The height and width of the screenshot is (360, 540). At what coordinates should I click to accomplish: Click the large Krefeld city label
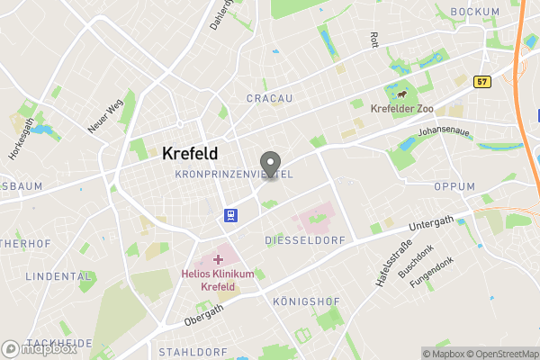click(x=190, y=154)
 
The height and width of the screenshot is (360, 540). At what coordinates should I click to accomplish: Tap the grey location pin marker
click(x=268, y=164)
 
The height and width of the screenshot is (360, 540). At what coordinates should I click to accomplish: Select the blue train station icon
click(x=231, y=214)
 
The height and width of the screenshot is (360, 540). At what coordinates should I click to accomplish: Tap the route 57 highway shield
click(x=482, y=81)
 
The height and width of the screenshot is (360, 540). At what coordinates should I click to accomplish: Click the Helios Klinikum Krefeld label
click(x=217, y=280)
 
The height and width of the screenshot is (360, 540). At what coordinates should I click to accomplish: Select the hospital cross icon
click(x=218, y=259)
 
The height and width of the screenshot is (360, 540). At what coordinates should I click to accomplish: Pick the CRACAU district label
click(x=271, y=97)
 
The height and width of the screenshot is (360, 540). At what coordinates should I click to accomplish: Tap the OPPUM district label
click(x=454, y=186)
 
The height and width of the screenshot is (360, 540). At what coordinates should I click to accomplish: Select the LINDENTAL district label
click(x=59, y=276)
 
